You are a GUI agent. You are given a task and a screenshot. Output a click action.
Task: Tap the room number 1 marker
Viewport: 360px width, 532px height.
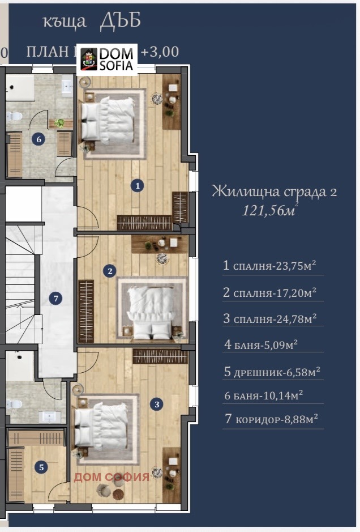(136, 185)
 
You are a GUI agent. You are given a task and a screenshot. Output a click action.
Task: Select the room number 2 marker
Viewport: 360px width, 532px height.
(110, 271)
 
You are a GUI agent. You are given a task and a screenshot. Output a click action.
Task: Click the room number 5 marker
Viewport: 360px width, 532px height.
(40, 467)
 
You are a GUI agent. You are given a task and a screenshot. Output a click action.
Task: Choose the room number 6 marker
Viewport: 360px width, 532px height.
(38, 140)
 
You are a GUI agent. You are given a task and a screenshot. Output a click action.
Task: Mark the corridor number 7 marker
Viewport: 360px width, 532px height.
(55, 298)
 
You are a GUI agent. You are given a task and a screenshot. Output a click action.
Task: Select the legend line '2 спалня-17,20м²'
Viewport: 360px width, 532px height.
(270, 292)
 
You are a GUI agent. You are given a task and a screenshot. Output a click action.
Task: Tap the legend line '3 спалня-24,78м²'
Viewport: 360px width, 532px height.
(270, 319)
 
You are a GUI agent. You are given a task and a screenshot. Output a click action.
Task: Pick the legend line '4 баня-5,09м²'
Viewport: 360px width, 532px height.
(261, 344)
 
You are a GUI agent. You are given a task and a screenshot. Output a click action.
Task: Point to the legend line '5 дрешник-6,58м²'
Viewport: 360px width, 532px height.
(272, 372)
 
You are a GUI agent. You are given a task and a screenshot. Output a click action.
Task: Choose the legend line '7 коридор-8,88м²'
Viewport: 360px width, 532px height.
(271, 419)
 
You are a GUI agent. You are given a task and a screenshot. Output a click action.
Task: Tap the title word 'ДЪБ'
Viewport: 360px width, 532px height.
(120, 20)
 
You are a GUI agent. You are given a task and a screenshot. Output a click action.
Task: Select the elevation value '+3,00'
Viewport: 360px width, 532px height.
(160, 52)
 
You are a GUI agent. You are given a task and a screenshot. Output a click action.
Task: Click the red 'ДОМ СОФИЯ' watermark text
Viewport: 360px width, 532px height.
(112, 477)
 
